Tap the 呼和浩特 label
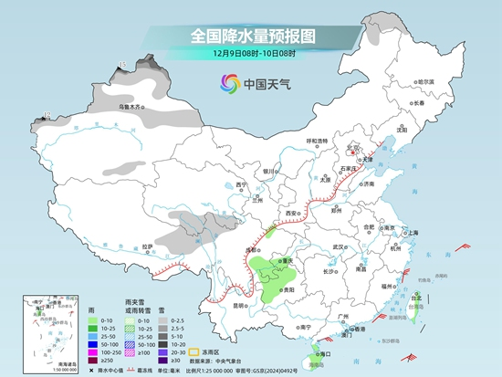317,141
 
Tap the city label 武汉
340,246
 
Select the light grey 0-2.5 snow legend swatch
162,321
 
